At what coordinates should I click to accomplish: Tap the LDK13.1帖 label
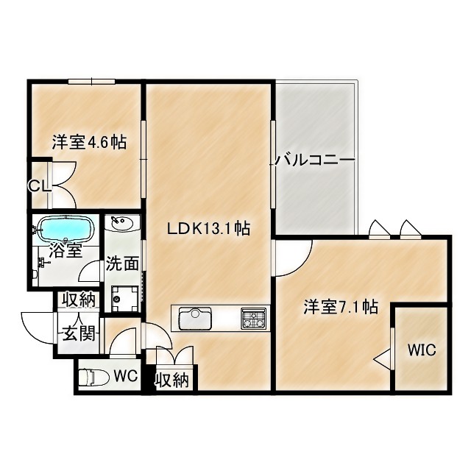[x=208, y=229]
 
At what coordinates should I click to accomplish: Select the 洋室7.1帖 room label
[x=341, y=307]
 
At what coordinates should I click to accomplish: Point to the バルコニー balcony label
[x=316, y=160]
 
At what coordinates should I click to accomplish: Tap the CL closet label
[x=39, y=186]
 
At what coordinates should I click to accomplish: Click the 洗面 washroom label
[x=121, y=263]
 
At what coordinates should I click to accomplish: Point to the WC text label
[x=126, y=375]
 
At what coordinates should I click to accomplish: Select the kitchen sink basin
[x=195, y=319]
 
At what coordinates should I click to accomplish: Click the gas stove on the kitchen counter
[x=253, y=319]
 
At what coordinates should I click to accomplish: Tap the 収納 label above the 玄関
[x=78, y=300]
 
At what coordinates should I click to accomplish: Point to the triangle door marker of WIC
[x=382, y=359]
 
